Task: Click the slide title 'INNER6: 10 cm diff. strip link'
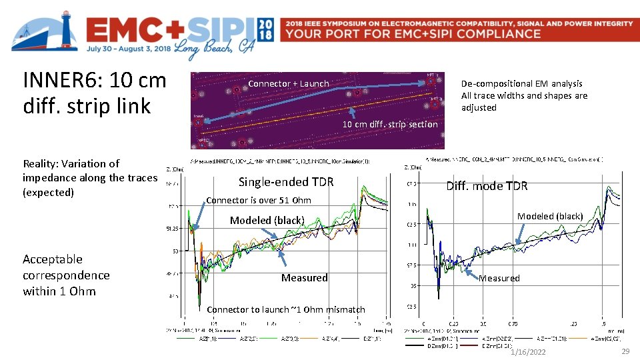[x=94, y=93]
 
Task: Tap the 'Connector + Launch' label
[x=288, y=83]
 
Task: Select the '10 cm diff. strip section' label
[x=390, y=124]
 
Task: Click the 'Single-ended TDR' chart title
[x=286, y=182]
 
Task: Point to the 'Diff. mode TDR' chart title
[x=487, y=186]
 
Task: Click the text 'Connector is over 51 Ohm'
[x=259, y=200]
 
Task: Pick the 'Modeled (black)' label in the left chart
[x=267, y=220]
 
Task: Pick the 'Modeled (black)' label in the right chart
[x=550, y=216]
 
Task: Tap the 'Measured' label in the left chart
[x=304, y=277]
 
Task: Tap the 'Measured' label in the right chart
[x=499, y=278]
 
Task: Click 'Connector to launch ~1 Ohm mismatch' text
[x=286, y=309]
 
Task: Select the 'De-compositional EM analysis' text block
[x=524, y=95]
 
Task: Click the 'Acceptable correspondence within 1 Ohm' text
[x=66, y=275]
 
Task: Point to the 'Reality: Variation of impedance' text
[x=89, y=177]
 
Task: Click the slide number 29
[x=625, y=351]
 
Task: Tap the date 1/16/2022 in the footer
[x=527, y=352]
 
